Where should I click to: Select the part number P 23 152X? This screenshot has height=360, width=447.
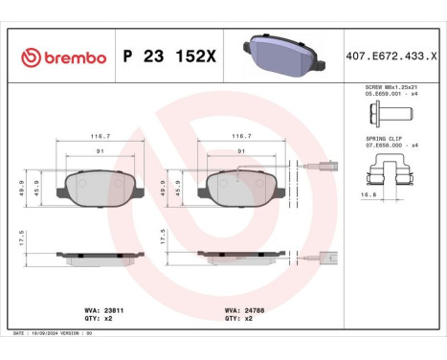tap(169, 57)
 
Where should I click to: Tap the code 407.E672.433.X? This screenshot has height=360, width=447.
tap(391, 57)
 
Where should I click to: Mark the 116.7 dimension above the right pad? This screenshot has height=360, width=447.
tap(239, 137)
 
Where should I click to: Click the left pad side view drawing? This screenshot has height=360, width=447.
tap(101, 257)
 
